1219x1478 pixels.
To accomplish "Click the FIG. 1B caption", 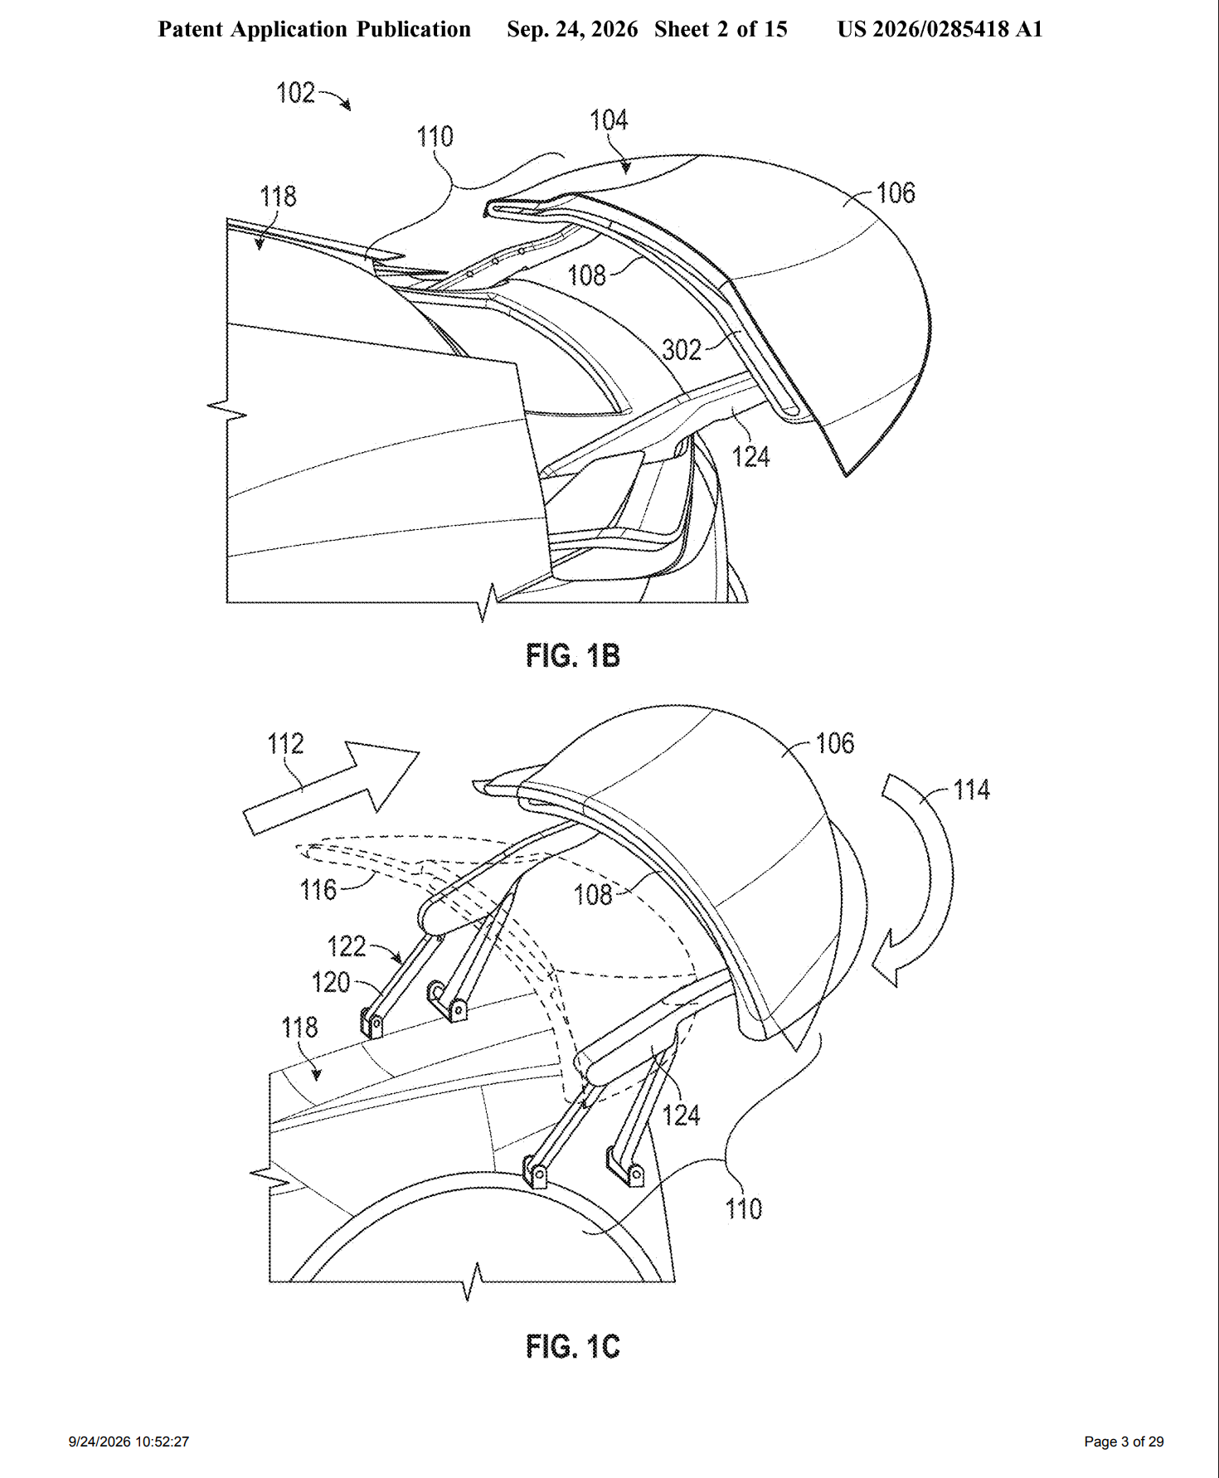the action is (x=573, y=656).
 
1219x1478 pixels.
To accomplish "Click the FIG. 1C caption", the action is (x=573, y=1346).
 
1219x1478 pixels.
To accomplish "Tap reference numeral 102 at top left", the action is (x=295, y=93).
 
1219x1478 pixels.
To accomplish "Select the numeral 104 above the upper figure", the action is (x=609, y=120).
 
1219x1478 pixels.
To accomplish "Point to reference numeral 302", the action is (x=682, y=350).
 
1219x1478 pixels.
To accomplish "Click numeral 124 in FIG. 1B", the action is (x=751, y=457).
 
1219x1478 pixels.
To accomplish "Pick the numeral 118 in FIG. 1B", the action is (x=278, y=197).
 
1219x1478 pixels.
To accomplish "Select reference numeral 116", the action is (x=318, y=890).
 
